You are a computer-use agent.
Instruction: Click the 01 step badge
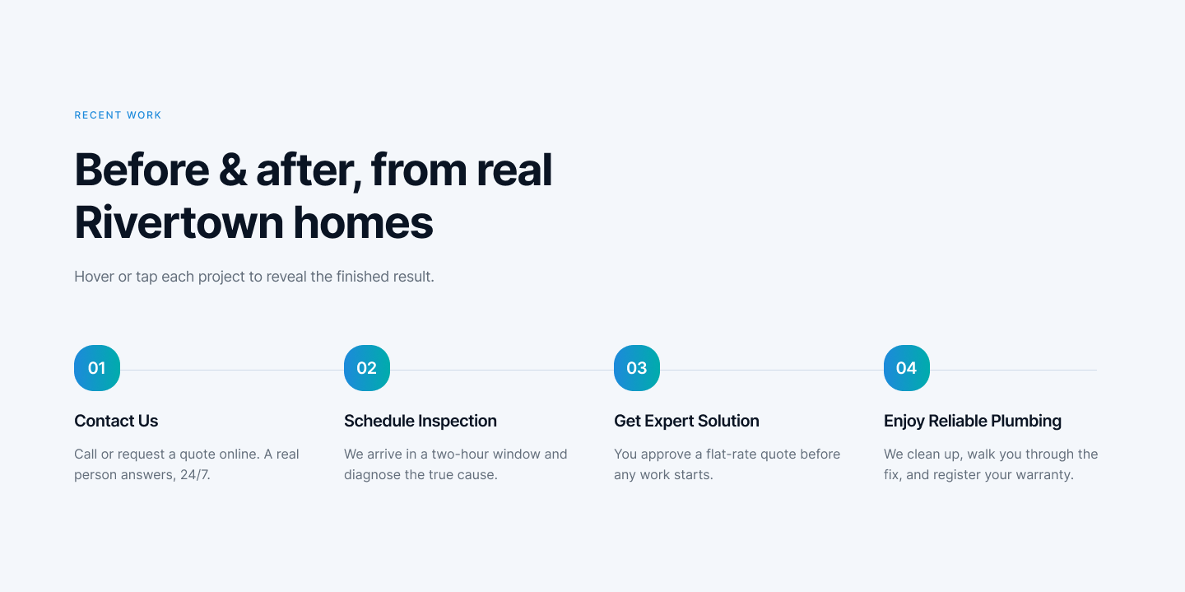[x=97, y=368]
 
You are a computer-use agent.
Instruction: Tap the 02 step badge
[x=367, y=368]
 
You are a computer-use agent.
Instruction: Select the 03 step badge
[x=636, y=368]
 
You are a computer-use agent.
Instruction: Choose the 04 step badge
[x=906, y=368]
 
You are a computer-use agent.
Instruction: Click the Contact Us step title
[x=116, y=421]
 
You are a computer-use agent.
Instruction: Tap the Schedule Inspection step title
[x=420, y=421]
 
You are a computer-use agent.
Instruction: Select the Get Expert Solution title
[x=686, y=421]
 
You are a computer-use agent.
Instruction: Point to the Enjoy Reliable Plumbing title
[x=973, y=421]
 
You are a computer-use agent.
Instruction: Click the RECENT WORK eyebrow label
[x=118, y=115]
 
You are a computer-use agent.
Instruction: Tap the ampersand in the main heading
[x=233, y=170]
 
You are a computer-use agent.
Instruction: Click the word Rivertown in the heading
[x=179, y=223]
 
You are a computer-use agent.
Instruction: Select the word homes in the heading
[x=363, y=223]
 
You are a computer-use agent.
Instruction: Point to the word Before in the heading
[x=142, y=170]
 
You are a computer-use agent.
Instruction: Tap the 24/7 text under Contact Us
[x=195, y=474]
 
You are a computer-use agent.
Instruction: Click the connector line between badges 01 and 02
[x=232, y=371]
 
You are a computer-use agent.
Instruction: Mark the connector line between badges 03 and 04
[x=771, y=371]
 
